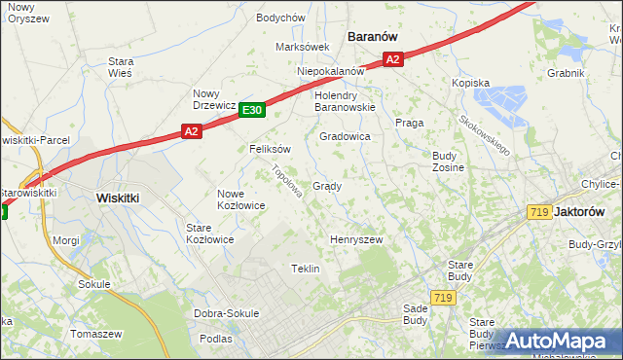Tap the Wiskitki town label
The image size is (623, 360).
[x=118, y=197]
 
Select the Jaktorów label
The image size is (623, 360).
[x=592, y=211]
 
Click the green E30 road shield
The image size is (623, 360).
[x=252, y=111]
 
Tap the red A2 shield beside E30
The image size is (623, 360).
[x=191, y=130]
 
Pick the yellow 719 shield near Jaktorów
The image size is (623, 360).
[x=539, y=211]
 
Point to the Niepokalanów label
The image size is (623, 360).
[x=330, y=71]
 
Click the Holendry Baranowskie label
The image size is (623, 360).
[x=345, y=101]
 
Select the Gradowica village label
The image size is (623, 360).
[x=345, y=137]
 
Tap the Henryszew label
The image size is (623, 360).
[x=356, y=239]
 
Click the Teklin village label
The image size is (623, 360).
[x=306, y=269]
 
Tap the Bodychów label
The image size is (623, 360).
[x=280, y=18]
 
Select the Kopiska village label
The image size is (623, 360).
[x=470, y=84]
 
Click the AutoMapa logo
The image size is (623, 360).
[x=557, y=341]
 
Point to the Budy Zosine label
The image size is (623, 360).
[x=448, y=162]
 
